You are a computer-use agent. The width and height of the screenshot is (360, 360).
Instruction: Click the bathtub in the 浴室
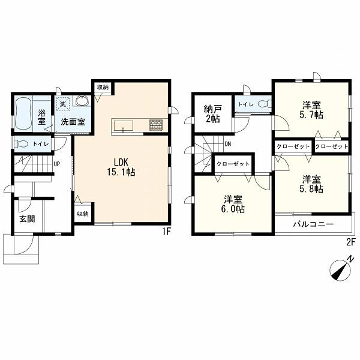(x=23, y=113)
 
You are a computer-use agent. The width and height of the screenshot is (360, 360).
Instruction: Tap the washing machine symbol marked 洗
(x=62, y=103)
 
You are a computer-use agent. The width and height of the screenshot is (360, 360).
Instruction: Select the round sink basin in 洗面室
(x=82, y=101)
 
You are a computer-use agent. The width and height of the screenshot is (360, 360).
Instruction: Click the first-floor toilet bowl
(x=21, y=144)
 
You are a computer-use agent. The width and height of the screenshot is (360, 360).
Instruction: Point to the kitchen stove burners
(x=156, y=125)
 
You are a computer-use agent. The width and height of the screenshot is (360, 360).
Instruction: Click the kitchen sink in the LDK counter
(x=124, y=126)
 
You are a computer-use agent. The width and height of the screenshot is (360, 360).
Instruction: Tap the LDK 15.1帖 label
(x=121, y=167)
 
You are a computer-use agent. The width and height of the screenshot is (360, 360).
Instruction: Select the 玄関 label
(x=27, y=219)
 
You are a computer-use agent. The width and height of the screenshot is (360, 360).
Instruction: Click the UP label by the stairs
(x=56, y=164)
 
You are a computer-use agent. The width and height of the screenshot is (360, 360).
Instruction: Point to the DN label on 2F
(x=227, y=144)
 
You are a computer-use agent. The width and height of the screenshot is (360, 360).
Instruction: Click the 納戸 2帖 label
(x=212, y=114)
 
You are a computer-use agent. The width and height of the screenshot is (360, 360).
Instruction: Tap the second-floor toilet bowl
(x=264, y=104)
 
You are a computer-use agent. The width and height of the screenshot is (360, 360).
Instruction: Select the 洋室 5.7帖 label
(x=311, y=110)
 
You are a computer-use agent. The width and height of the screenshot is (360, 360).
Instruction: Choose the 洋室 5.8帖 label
(x=311, y=184)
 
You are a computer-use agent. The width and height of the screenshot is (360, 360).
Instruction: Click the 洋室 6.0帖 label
(x=233, y=204)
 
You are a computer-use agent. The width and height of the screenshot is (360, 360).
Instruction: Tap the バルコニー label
(x=313, y=224)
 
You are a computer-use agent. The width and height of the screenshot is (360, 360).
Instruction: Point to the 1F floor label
(x=166, y=232)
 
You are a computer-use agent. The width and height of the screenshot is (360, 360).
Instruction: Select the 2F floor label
(x=351, y=242)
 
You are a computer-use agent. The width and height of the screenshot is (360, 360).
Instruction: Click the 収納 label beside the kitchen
(x=103, y=87)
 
